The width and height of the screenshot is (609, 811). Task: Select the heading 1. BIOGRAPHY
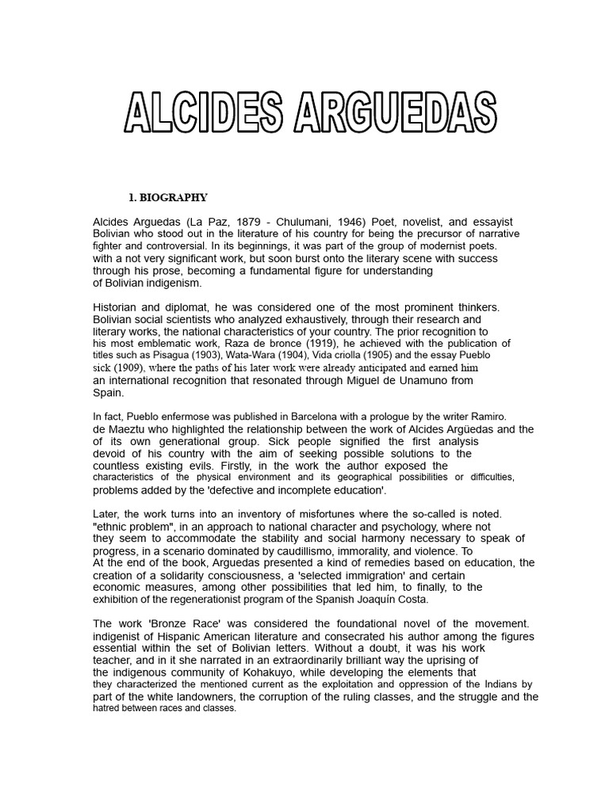(168, 197)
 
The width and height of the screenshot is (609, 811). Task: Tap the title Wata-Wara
(240, 356)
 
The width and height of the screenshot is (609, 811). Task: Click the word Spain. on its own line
(109, 392)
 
